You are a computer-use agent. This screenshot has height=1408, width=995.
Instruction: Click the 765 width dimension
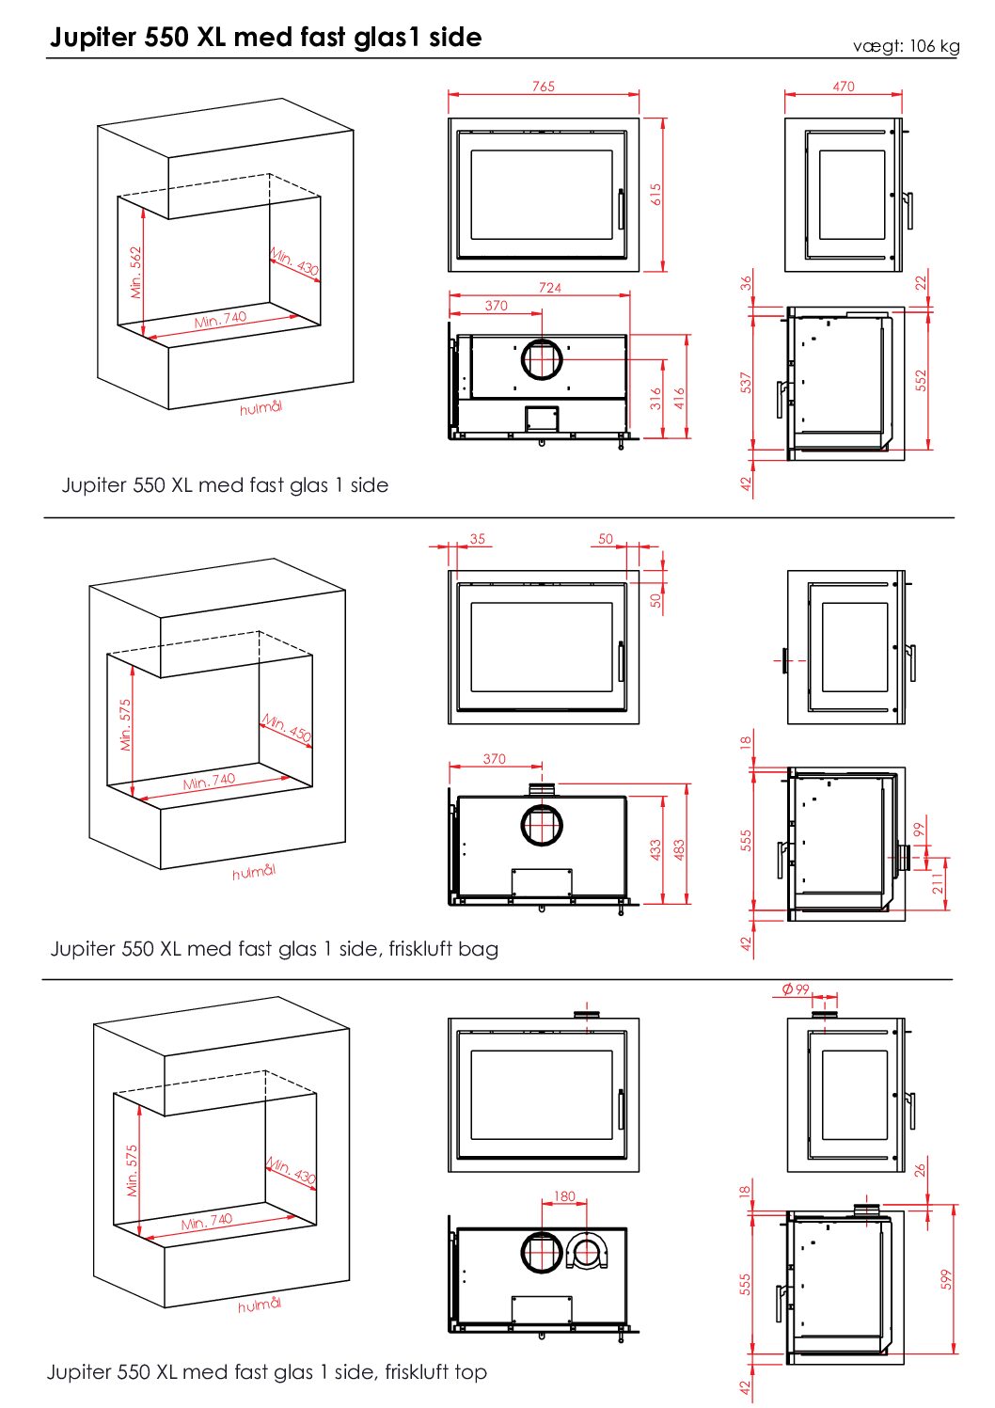[544, 87]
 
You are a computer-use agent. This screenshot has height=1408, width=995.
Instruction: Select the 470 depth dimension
[844, 87]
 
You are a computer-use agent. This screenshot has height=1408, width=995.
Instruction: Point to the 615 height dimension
[655, 195]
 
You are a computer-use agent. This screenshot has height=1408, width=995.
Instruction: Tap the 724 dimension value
[550, 288]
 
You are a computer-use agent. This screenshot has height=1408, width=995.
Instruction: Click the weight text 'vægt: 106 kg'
[906, 46]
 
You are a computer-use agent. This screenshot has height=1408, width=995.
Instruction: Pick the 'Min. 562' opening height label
[136, 273]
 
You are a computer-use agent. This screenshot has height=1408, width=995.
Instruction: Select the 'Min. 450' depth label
[286, 728]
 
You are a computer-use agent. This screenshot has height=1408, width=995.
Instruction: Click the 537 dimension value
[746, 383]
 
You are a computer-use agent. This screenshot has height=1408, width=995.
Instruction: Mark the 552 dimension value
[921, 380]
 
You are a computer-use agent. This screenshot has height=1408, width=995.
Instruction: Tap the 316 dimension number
[655, 399]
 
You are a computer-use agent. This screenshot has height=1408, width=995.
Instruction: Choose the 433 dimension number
[655, 850]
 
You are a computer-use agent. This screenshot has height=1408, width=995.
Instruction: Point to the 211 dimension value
[937, 883]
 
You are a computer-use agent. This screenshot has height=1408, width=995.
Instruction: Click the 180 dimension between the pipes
[564, 1196]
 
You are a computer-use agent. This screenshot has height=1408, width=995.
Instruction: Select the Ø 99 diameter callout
[796, 989]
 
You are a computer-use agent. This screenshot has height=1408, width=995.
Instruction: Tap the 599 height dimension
[946, 1279]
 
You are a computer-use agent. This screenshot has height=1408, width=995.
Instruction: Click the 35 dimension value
[478, 539]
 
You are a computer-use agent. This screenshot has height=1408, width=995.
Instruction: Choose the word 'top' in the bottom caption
[470, 1372]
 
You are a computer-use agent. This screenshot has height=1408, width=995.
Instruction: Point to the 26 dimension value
[920, 1170]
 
